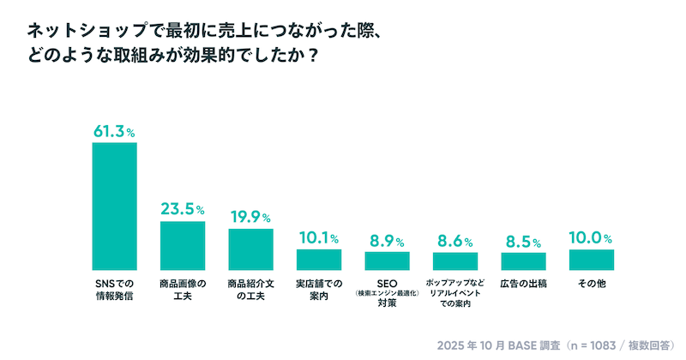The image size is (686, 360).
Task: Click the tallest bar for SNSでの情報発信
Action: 114,206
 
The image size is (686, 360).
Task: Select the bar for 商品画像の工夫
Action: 183,245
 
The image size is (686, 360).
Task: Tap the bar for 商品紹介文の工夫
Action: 250,249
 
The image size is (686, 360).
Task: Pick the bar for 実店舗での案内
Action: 319,259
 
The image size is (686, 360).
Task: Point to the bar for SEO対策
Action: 387,261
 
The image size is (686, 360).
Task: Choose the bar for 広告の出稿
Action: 523,261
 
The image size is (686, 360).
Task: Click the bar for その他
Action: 592,260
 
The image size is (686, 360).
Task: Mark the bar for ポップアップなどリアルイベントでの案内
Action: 455,261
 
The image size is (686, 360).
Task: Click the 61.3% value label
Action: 114,131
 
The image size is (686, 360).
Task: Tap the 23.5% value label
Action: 183,209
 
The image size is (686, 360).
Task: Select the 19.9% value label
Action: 250,217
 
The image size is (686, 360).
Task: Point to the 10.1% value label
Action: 319,237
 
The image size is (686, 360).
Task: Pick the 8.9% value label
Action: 387,240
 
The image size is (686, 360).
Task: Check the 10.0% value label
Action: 592,237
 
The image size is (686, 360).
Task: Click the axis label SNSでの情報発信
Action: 114,289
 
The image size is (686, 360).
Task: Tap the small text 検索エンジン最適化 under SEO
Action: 387,292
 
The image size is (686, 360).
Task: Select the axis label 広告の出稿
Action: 523,283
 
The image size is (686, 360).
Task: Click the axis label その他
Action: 592,283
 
